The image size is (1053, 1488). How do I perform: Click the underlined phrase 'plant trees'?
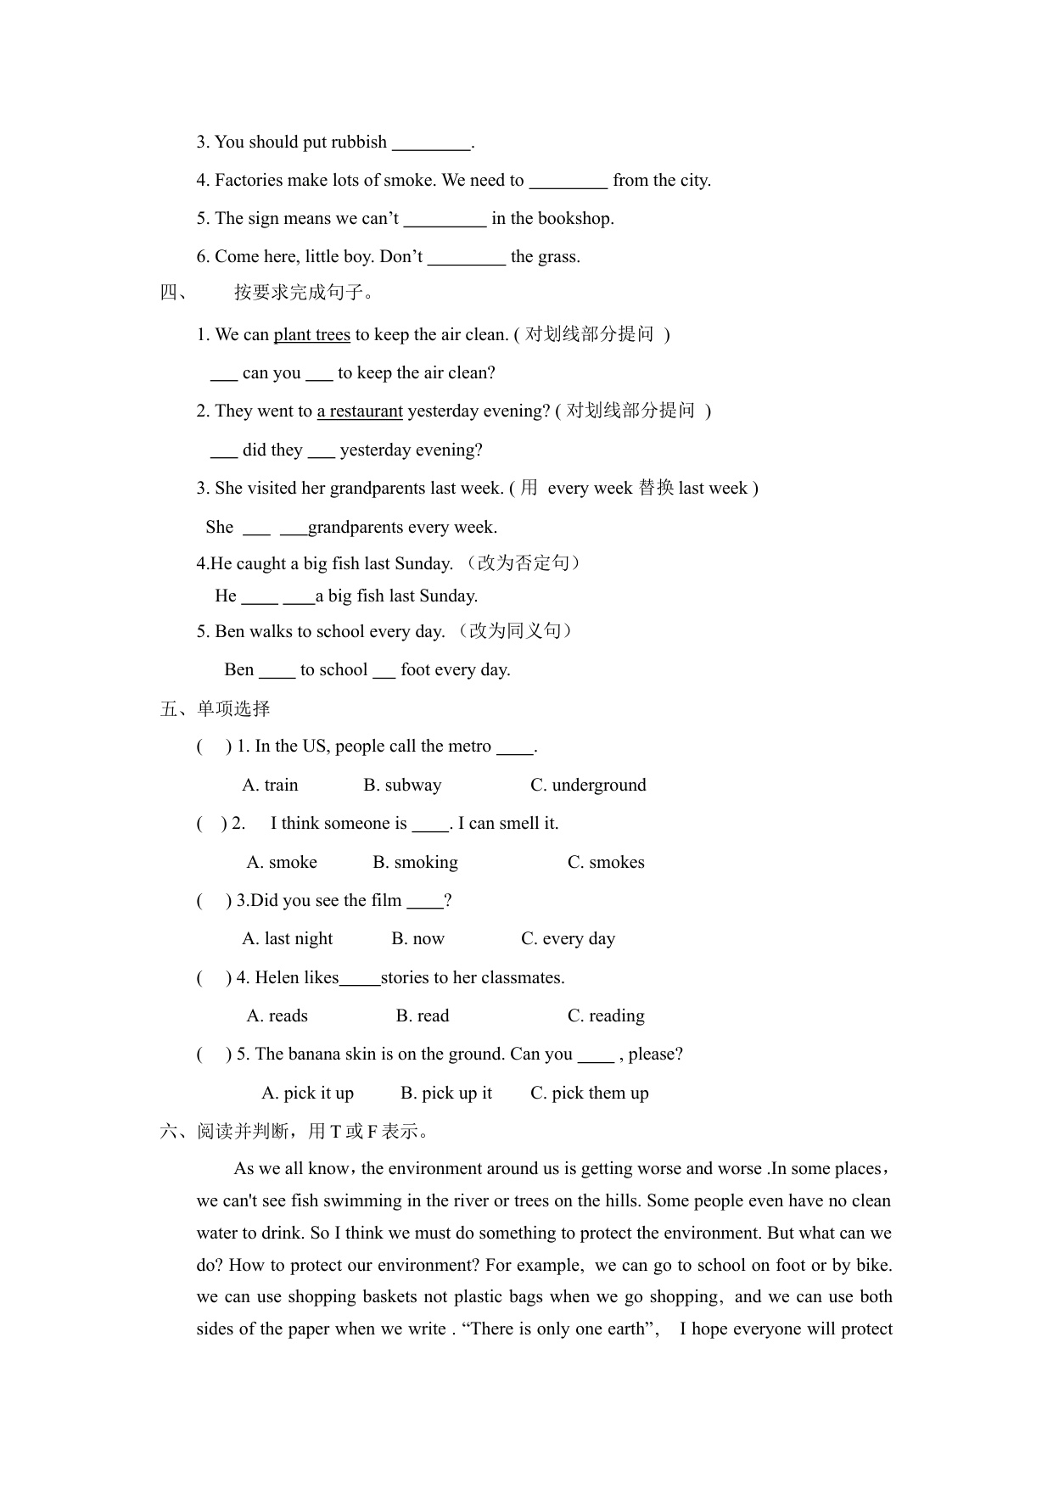tap(311, 335)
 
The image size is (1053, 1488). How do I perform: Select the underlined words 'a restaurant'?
tap(360, 411)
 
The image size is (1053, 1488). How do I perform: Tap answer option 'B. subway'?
tap(402, 786)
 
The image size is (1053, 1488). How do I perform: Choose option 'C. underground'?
tap(588, 786)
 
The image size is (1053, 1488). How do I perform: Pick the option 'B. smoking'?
tap(415, 863)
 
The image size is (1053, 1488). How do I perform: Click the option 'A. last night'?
tap(287, 939)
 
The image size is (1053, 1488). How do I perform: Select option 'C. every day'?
tap(568, 939)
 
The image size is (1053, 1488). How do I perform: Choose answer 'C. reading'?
tap(606, 1016)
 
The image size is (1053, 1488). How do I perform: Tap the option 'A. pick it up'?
tap(307, 1094)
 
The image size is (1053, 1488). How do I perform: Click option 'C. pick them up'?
tap(589, 1094)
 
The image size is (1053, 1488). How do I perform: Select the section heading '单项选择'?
tap(233, 709)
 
